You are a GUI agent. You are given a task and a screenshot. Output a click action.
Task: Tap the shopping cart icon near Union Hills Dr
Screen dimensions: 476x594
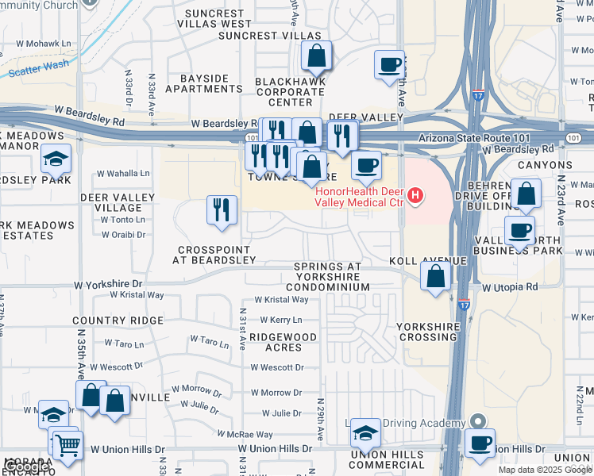[x=67, y=445]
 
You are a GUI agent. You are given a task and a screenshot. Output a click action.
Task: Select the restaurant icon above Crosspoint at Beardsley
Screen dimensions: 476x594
[x=222, y=209]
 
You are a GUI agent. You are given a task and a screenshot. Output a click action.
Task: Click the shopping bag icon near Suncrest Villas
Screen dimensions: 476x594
[x=316, y=56]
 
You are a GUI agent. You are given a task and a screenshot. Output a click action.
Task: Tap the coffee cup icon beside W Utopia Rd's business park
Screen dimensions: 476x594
[x=519, y=230]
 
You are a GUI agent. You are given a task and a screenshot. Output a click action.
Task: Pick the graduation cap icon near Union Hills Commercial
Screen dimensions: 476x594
[x=365, y=432]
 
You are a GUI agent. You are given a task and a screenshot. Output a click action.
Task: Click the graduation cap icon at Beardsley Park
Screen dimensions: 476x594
[x=56, y=159]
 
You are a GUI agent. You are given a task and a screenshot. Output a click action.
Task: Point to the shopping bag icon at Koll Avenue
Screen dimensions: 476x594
[x=435, y=276]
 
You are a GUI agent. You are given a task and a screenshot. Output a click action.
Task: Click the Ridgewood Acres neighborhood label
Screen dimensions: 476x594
[x=283, y=342]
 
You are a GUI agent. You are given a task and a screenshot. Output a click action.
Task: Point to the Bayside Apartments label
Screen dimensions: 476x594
[x=204, y=84]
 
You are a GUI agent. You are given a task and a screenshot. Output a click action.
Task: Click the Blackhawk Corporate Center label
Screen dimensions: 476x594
[x=290, y=92]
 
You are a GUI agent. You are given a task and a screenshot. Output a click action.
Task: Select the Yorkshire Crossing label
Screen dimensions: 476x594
[x=428, y=332]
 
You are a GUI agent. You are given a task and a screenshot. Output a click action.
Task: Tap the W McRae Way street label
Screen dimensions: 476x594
[x=245, y=435]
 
